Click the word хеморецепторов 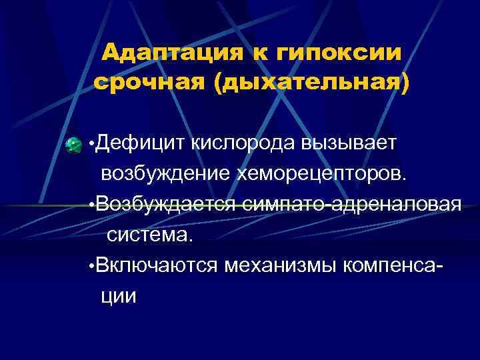point(320,174)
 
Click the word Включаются point(156,265)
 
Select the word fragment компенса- point(393,265)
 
